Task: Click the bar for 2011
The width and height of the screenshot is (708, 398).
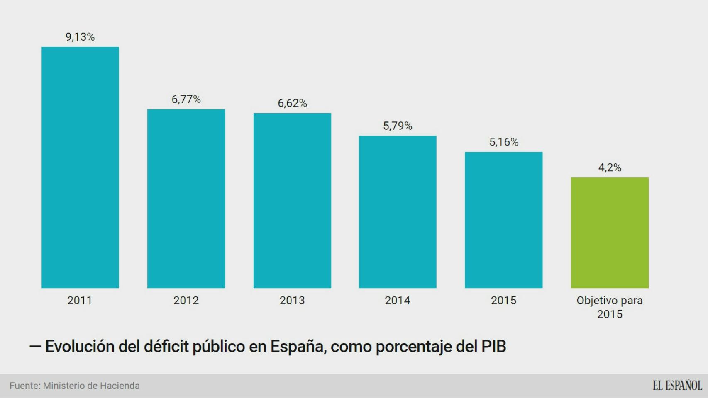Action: [80, 167]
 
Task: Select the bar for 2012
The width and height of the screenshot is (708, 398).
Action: [186, 199]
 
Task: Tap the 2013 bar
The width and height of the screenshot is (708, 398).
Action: [292, 200]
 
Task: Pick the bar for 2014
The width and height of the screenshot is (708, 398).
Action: [397, 212]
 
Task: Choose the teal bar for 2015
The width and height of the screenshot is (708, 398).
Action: [503, 220]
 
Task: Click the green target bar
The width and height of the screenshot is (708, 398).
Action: [610, 233]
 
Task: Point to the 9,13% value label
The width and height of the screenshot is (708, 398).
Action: [80, 37]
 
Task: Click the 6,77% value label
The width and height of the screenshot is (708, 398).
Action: [186, 99]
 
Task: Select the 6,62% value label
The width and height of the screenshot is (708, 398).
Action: [292, 103]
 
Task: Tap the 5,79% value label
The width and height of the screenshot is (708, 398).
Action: [398, 126]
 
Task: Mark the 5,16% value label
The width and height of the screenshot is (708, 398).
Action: [504, 142]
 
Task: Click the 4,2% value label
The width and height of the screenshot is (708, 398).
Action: [610, 167]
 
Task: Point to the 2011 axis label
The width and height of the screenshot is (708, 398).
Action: [80, 301]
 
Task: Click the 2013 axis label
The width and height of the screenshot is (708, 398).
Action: [292, 301]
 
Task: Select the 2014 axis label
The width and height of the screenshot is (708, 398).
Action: [397, 301]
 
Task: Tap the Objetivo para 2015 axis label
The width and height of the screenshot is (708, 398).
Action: [610, 307]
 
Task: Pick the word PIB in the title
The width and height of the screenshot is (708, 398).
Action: [493, 347]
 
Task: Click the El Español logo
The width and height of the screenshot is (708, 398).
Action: [677, 386]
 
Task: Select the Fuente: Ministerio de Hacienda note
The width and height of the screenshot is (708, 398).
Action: [75, 386]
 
